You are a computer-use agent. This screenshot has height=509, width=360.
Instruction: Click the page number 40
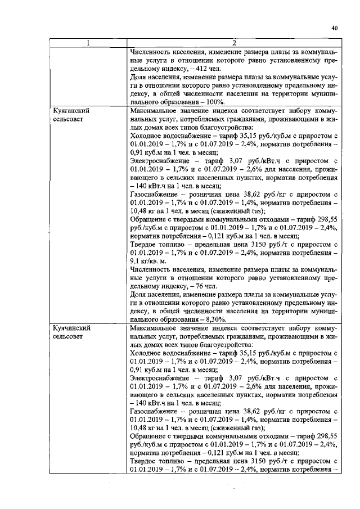click(x=334, y=28)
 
